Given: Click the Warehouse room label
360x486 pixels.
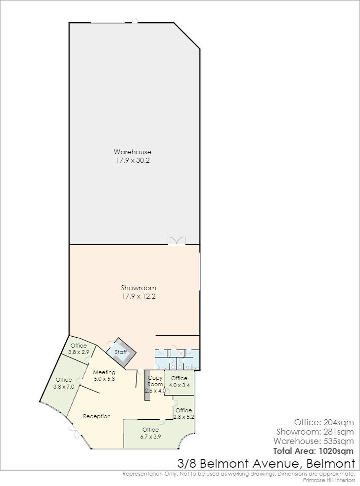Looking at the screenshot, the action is (x=133, y=152).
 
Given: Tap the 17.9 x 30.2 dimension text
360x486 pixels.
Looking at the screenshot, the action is (x=133, y=161).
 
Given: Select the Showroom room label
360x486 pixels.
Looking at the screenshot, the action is (x=138, y=288).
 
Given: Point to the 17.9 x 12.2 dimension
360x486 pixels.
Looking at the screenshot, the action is (x=138, y=296).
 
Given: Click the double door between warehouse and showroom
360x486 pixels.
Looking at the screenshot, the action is (x=177, y=241).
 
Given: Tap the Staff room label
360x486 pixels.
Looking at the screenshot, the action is (x=121, y=352).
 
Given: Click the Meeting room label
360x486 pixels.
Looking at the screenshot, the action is (x=104, y=372).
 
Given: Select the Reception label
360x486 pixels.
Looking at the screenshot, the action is (x=97, y=416).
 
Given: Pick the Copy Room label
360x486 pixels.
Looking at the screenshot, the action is (x=155, y=381).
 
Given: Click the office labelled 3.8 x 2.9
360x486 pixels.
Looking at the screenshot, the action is (x=79, y=349).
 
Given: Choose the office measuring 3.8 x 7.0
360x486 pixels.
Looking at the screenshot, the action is (x=64, y=383).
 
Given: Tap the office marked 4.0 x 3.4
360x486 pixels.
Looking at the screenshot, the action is (x=179, y=382).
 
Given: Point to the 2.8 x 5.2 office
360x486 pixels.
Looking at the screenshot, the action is (x=184, y=413).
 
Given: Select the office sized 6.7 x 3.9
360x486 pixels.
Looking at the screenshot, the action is (x=151, y=433).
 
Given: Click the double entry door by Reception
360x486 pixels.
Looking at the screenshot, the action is (x=74, y=432).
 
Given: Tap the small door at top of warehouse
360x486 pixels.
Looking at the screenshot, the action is (x=135, y=21).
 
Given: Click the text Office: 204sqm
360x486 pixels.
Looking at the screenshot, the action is (x=324, y=422).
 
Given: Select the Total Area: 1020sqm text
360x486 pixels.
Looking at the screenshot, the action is (x=314, y=451).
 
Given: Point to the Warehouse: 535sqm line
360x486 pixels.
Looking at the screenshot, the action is (x=314, y=441).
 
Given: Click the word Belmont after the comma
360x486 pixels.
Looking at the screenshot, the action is (x=330, y=464).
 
